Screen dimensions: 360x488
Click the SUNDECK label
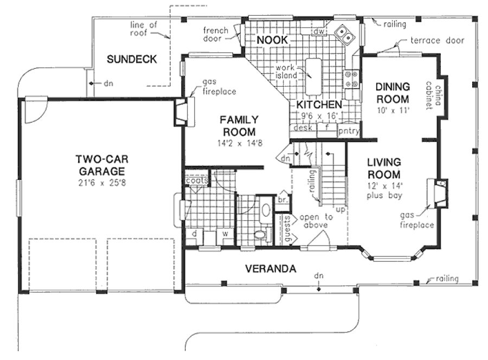pos(132,59)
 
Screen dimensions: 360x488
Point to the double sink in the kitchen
pos(344,35)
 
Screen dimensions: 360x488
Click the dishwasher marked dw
pos(318,32)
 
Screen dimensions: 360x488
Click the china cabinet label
pos(432,95)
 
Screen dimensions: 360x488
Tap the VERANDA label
pos(270,268)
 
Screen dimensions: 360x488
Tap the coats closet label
pos(196,181)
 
